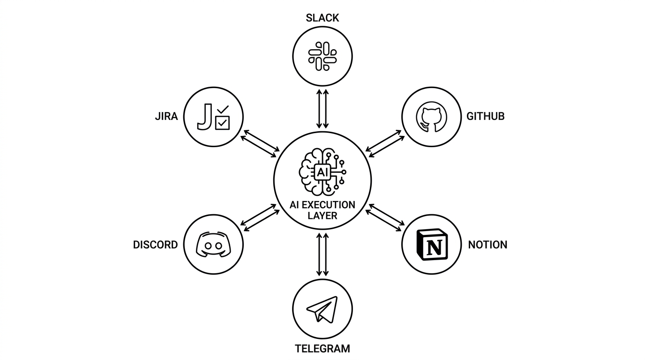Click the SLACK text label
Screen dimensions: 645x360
pyautogui.click(x=322, y=18)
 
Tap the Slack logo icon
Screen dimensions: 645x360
pyautogui.click(x=322, y=56)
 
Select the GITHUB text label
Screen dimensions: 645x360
pyautogui.click(x=486, y=116)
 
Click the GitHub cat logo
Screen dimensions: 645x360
pyautogui.click(x=431, y=117)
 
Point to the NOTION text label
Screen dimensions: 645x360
pyautogui.click(x=487, y=245)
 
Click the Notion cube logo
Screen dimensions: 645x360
pyautogui.click(x=432, y=245)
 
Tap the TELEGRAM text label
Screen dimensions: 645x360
pyautogui.click(x=322, y=349)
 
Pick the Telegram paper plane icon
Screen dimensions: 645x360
pyautogui.click(x=322, y=309)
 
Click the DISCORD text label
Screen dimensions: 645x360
pyautogui.click(x=155, y=245)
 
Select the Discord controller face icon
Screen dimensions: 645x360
pyautogui.click(x=213, y=245)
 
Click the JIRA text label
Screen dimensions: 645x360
pyautogui.click(x=166, y=116)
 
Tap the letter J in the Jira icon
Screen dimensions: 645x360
pyautogui.click(x=205, y=117)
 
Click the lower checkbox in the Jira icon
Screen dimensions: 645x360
pyautogui.click(x=222, y=123)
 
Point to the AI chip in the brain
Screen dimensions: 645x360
pyautogui.click(x=322, y=172)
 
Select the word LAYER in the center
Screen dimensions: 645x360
pyautogui.click(x=322, y=216)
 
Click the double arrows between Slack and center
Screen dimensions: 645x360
pyautogui.click(x=322, y=109)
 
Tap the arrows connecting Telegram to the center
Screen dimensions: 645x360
pyautogui.click(x=322, y=255)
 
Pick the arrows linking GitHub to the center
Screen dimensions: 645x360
pyautogui.click(x=385, y=144)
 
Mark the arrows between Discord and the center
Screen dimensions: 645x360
pyautogui.click(x=260, y=217)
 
